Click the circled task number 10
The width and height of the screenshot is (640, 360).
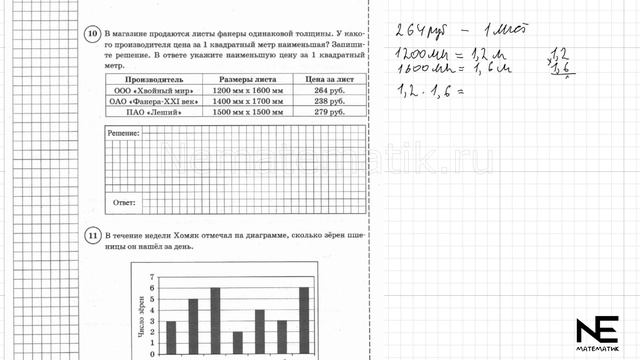coord(92,34)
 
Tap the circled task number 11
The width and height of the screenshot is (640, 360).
coord(92,236)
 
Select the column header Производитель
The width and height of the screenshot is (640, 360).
coord(148,78)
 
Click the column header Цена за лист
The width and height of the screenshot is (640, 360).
coord(328,78)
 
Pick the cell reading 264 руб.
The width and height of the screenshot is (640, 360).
coord(328,89)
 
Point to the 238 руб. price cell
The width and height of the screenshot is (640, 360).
coord(328,100)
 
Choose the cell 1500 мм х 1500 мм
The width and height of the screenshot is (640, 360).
coord(242,111)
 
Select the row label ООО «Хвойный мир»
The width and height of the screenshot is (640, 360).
coord(148,89)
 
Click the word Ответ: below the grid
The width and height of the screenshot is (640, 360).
coord(125,203)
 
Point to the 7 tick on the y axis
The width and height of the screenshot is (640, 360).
coord(152,276)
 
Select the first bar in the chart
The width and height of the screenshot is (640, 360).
coord(171,338)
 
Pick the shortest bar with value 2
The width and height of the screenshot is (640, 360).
coord(238,343)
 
